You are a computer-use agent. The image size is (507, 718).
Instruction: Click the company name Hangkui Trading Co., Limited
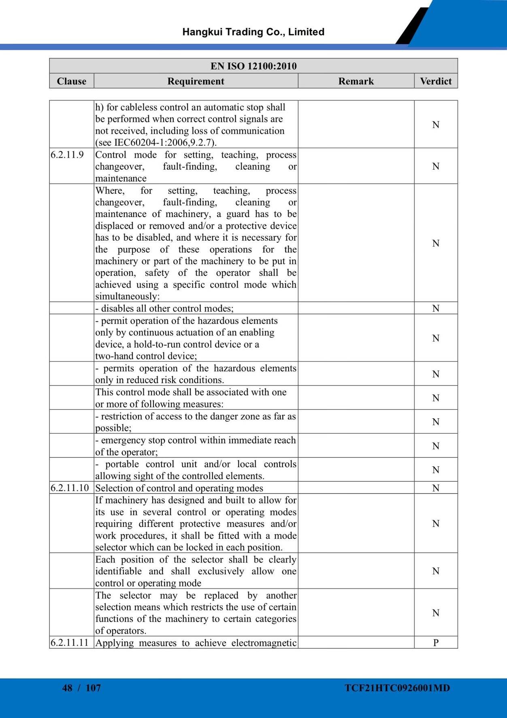(253, 32)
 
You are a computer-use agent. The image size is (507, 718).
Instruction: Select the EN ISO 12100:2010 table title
(253, 66)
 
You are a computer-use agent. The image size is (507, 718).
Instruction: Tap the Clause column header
(72, 81)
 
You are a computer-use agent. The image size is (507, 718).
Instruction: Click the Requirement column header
(196, 81)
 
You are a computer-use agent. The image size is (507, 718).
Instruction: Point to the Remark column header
(356, 81)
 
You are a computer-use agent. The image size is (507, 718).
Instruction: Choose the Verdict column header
(436, 81)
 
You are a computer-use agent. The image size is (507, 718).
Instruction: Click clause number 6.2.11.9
(67, 155)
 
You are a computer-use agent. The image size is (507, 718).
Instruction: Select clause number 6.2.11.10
(70, 488)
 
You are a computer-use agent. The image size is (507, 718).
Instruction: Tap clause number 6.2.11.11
(70, 643)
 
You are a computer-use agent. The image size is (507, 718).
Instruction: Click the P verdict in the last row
(436, 643)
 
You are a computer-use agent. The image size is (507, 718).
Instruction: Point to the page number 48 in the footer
(67, 688)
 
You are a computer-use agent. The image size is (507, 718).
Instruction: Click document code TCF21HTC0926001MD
(397, 688)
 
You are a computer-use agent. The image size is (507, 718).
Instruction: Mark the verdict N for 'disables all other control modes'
(436, 308)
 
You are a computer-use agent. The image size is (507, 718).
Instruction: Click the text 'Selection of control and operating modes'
(179, 488)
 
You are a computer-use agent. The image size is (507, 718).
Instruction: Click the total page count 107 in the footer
(93, 688)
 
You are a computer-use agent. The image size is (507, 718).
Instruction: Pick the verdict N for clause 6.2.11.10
(436, 488)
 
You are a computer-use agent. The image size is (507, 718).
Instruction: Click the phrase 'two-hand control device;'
(146, 356)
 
